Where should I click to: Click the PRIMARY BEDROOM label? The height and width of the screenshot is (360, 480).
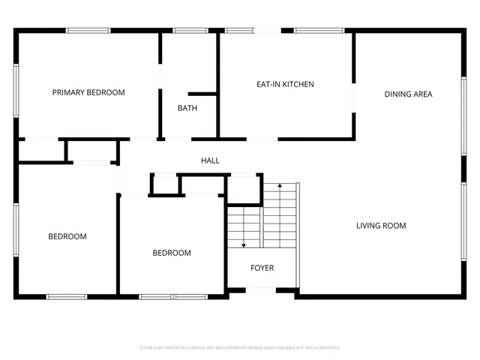pos(88,92)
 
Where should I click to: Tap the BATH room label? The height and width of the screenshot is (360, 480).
pos(187,108)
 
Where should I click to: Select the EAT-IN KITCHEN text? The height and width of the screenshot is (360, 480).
pos(285,84)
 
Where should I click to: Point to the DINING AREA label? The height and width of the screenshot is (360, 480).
pos(408,94)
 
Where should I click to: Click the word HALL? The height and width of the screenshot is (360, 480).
pos(210,160)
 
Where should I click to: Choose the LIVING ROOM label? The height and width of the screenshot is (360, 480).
pos(381,225)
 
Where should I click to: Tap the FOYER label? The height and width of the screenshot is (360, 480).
pos(262,268)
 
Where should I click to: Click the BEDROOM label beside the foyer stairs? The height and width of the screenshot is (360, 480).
pos(172,253)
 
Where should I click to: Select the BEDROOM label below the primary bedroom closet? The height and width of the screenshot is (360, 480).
pos(67,236)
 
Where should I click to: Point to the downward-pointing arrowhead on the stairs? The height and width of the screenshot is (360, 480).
pos(244,244)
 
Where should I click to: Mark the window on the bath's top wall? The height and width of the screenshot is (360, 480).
pos(190,31)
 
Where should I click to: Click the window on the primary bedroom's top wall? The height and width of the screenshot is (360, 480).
pos(88,31)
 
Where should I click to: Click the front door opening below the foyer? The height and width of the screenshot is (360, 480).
pos(261,292)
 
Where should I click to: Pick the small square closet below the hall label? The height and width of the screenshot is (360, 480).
pos(164,184)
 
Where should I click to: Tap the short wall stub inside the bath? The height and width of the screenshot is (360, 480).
pos(202,94)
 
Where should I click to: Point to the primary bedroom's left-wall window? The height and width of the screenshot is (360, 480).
pos(16,91)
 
